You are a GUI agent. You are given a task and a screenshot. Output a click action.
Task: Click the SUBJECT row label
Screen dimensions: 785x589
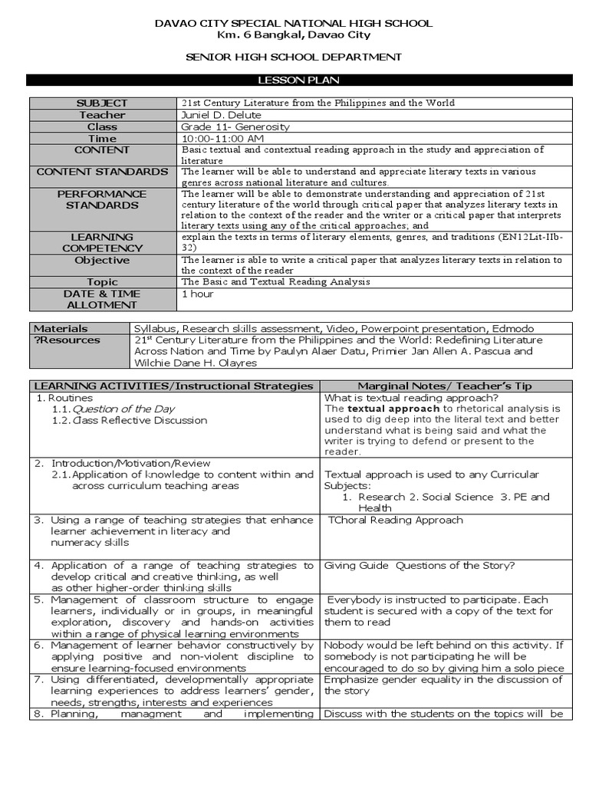click(x=102, y=103)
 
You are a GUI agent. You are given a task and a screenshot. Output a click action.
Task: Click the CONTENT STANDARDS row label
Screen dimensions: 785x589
click(x=102, y=172)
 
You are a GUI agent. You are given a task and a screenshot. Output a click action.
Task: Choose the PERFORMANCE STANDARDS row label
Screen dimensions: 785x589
click(x=102, y=200)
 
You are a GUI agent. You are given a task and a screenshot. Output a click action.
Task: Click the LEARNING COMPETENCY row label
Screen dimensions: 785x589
click(x=102, y=242)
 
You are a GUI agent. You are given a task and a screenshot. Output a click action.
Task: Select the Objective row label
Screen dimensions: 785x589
click(x=102, y=261)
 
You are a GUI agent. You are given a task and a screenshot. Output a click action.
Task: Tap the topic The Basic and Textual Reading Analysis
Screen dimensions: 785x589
click(x=275, y=281)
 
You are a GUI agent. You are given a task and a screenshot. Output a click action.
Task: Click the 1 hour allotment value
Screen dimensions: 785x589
click(x=197, y=294)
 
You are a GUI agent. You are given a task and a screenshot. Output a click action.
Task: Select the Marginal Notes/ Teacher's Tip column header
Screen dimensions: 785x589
click(x=444, y=386)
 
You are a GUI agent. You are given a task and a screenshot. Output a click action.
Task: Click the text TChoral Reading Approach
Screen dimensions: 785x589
click(x=395, y=520)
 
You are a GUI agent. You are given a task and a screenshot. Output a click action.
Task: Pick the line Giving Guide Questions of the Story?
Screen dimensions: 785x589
click(x=420, y=566)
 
